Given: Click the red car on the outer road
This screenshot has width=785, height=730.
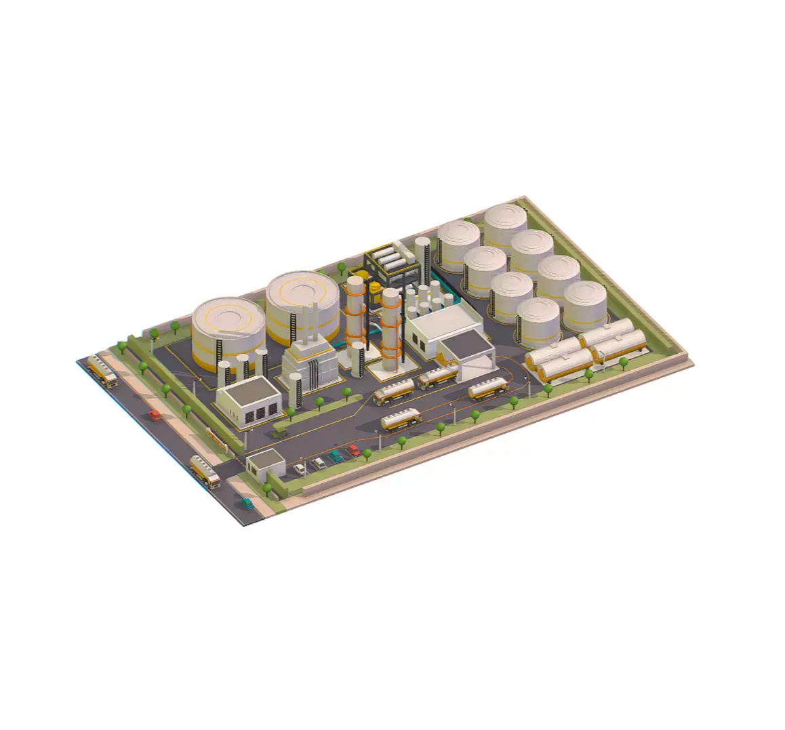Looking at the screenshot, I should (x=155, y=415).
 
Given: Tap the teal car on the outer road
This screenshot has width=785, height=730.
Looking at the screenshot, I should (x=247, y=504).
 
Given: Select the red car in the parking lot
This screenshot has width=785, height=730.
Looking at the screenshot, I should (x=353, y=451).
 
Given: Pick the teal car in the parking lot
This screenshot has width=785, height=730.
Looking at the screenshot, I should (x=336, y=457).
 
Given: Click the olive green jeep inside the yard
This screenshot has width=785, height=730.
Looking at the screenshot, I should (x=279, y=431).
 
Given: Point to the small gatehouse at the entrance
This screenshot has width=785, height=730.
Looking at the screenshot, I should (x=265, y=465).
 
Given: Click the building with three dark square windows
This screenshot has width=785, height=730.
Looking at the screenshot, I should (x=249, y=401).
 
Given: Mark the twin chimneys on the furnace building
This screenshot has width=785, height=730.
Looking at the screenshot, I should (x=310, y=324).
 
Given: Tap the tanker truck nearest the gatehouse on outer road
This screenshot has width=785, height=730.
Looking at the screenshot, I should (x=205, y=471).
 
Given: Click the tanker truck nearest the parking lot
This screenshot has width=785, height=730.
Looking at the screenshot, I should (x=401, y=421).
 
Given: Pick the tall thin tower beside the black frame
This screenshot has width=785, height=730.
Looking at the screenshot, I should (x=424, y=261).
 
